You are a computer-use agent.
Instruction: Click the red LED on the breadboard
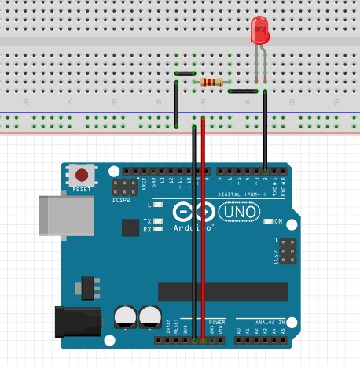tap(259, 30)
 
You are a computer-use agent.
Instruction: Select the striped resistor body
tap(212, 81)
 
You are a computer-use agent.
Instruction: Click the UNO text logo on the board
tap(237, 213)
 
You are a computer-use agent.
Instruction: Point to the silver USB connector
tap(58, 216)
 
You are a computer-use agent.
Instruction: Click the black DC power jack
tap(78, 321)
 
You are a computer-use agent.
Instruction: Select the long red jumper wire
tap(204, 228)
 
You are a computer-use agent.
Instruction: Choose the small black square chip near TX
tap(130, 227)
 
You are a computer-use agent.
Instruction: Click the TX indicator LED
tap(159, 221)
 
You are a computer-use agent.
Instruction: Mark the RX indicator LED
tap(159, 230)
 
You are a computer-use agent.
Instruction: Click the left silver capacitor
tap(126, 317)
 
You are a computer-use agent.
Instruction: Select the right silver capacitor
tap(149, 317)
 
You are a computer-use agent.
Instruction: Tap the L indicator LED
tap(158, 205)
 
